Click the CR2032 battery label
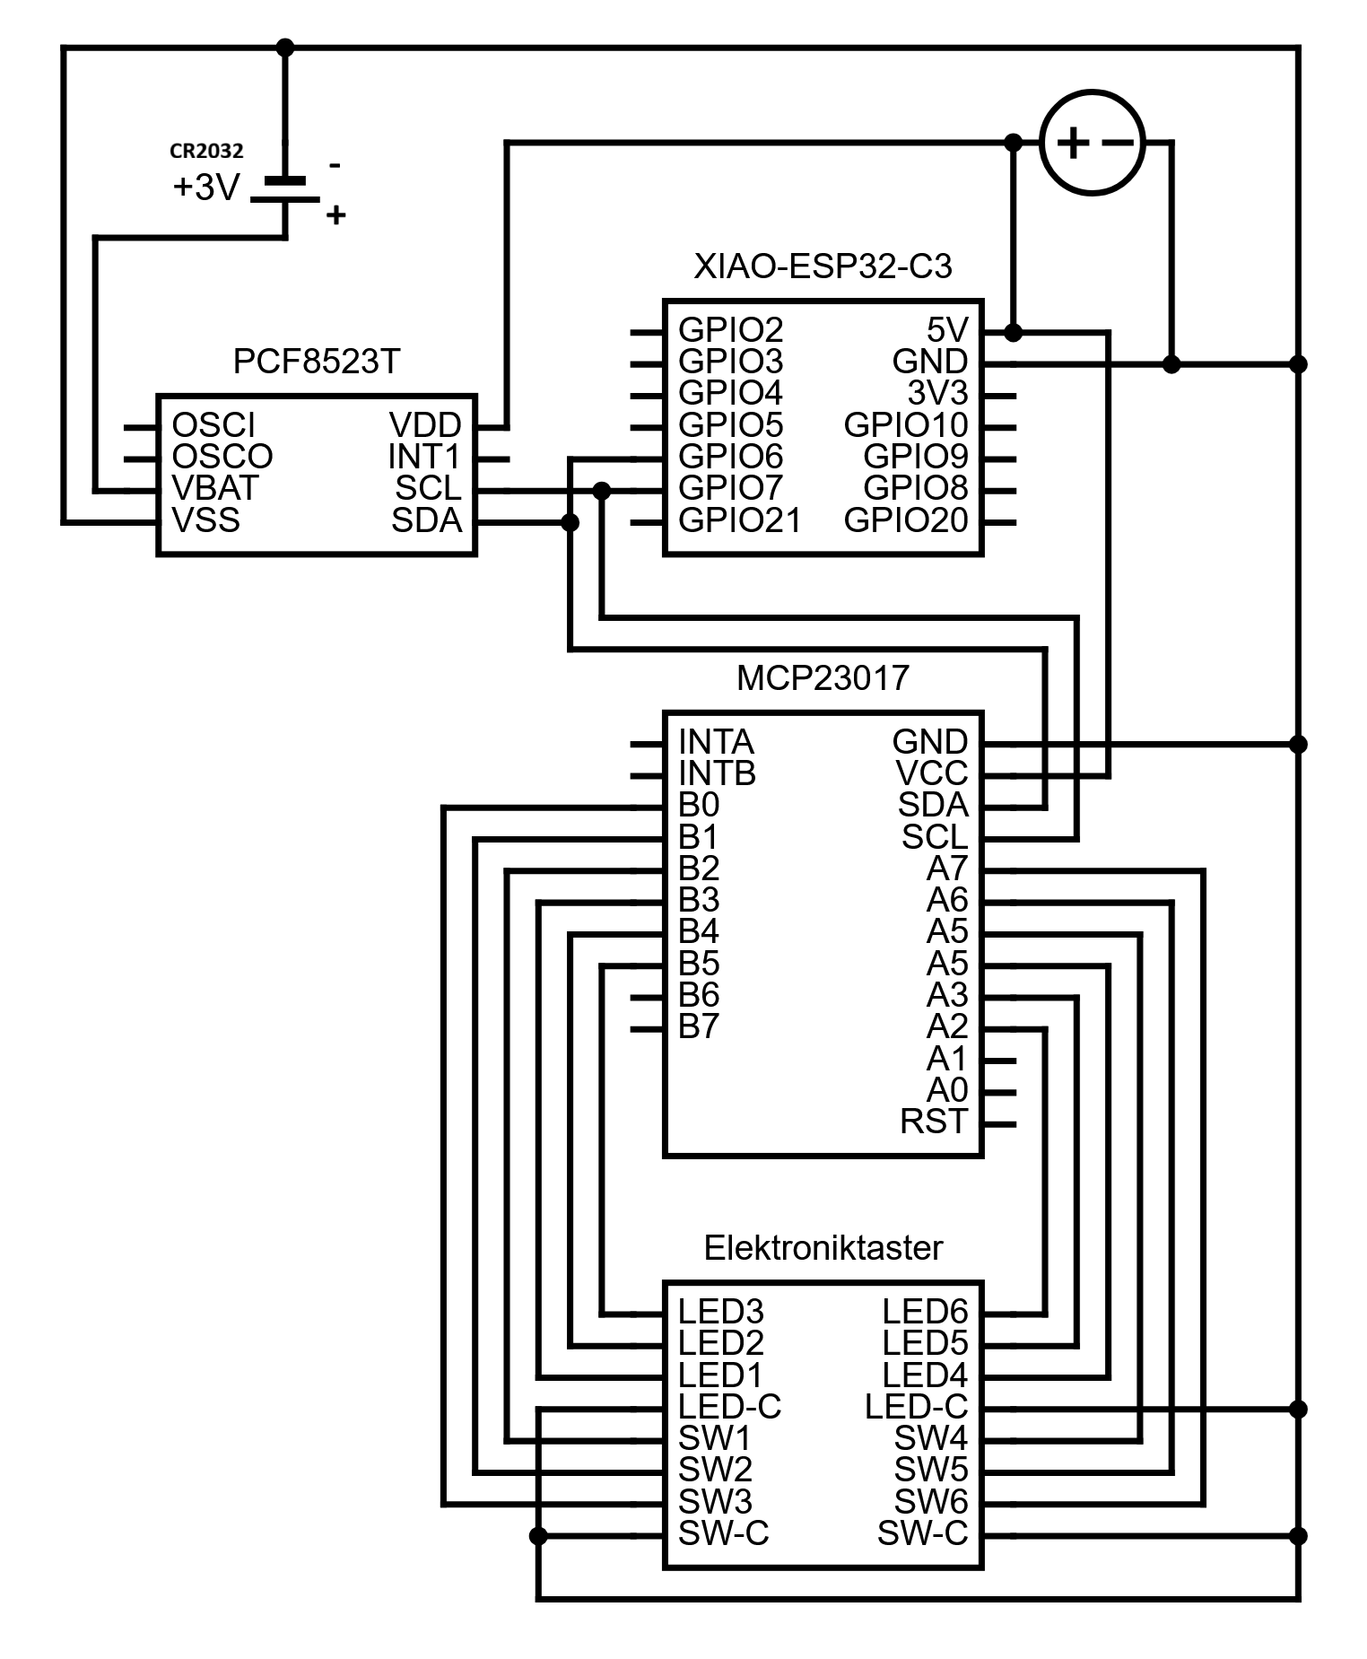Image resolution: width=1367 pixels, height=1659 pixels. [x=206, y=151]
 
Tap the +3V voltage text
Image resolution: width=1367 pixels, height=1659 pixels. [x=206, y=188]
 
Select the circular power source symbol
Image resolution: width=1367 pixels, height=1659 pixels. [x=1092, y=143]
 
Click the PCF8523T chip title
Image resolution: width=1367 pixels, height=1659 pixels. [x=316, y=362]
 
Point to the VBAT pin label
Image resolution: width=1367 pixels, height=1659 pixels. [x=215, y=488]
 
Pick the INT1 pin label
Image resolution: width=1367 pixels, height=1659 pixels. [x=423, y=457]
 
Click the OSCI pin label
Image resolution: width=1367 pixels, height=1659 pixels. [x=213, y=424]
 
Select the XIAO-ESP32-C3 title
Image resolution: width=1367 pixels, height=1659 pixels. [x=823, y=266]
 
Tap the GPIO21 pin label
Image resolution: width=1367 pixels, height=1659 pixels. [x=739, y=520]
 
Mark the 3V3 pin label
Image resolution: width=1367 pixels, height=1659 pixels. [x=937, y=393]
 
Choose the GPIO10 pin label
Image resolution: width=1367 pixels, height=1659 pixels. [x=906, y=425]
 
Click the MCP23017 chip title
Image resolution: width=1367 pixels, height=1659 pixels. [x=823, y=678]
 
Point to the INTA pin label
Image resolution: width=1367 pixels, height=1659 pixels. [x=716, y=742]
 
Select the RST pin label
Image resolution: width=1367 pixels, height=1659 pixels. [x=934, y=1122]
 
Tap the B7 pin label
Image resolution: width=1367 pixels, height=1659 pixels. [x=699, y=1026]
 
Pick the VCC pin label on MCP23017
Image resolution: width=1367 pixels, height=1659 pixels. [x=932, y=773]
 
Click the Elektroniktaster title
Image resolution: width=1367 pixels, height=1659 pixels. [x=823, y=1248]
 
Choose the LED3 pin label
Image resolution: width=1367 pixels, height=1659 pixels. [x=720, y=1312]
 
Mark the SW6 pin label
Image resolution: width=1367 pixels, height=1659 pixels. [x=930, y=1502]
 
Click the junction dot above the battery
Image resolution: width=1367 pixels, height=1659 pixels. [x=285, y=48]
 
